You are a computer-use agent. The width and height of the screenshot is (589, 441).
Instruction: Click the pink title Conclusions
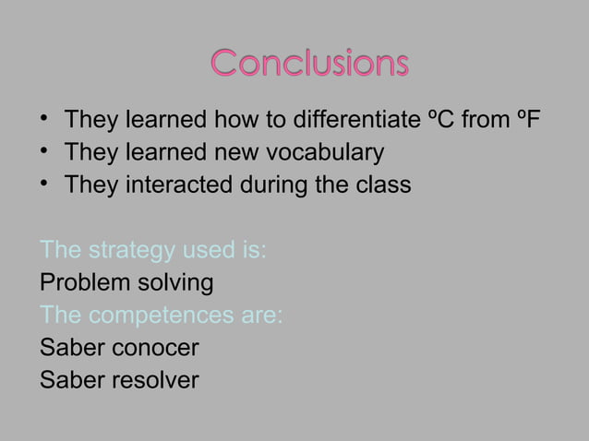pos(309,65)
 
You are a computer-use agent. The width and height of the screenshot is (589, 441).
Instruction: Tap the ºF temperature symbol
pos(527,121)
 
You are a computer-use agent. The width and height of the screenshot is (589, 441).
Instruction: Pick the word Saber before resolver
pos(73,379)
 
